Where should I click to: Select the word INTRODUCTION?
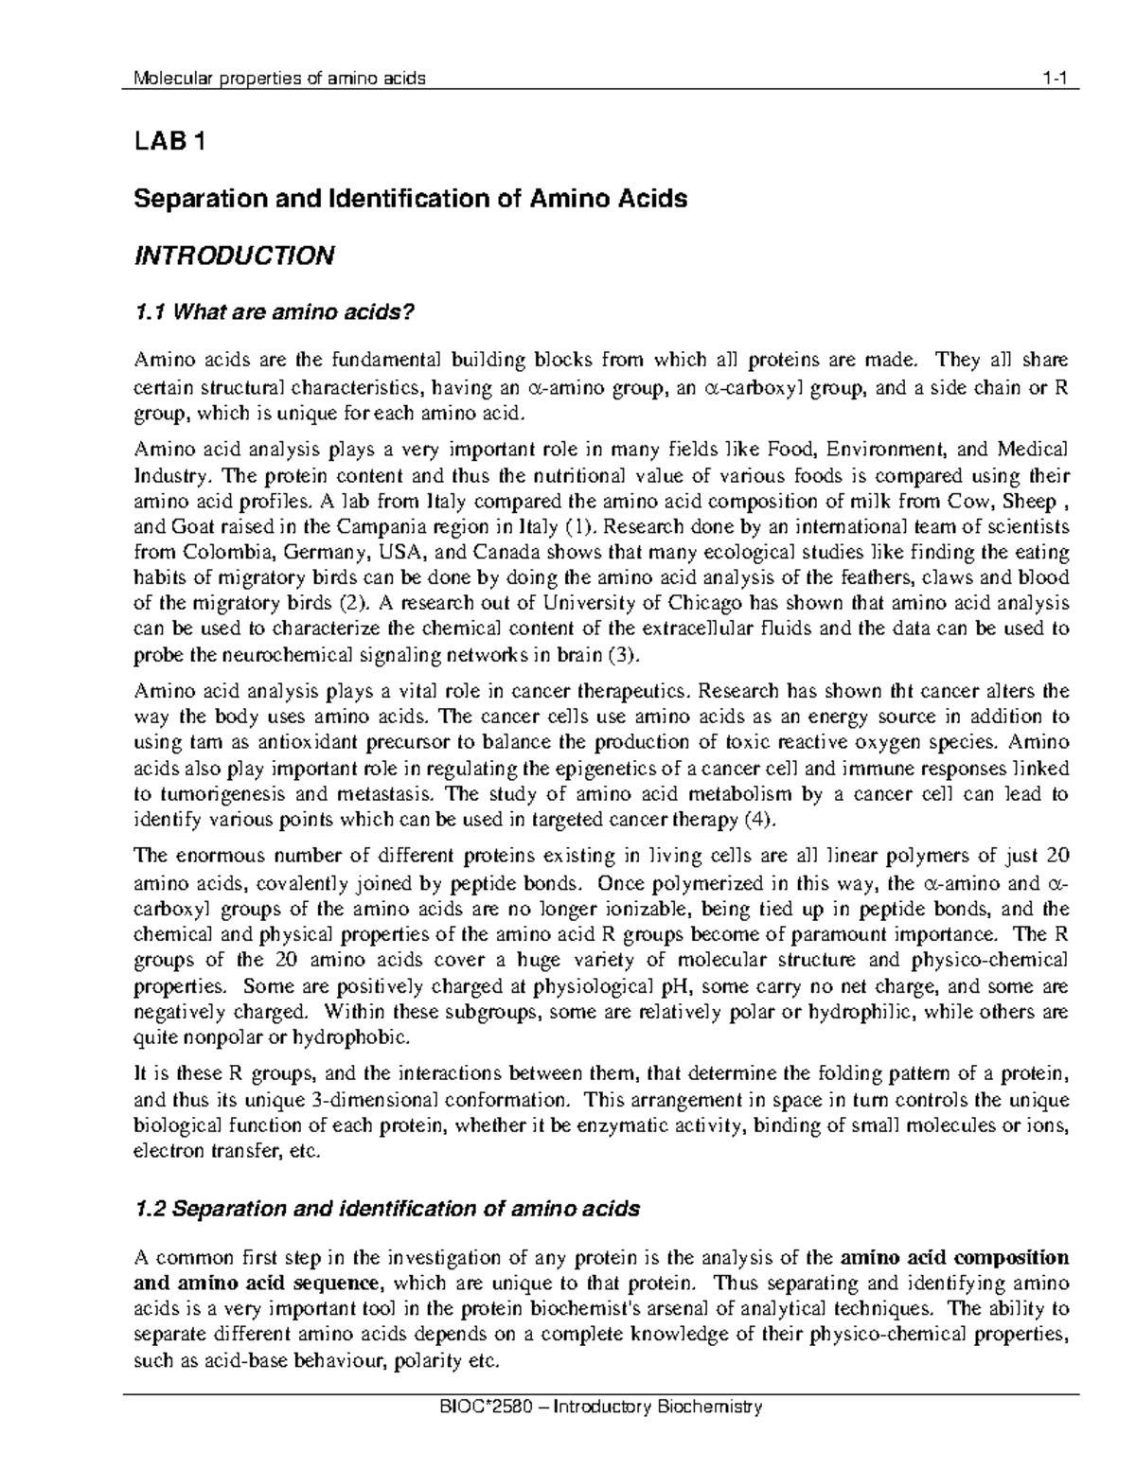[x=234, y=256]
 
